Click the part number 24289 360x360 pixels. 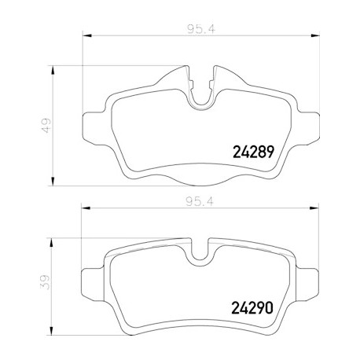coord(253,152)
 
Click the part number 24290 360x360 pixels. coord(252,307)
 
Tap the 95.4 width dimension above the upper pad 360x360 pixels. coord(201,29)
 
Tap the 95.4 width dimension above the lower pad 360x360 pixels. coord(200,201)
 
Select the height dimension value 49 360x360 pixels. coord(47,126)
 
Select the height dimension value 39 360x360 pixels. coord(45,282)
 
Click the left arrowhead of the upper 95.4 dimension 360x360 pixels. coord(87,35)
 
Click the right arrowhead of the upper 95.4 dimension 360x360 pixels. coord(315,35)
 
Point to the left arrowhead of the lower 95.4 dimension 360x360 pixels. coord(86,208)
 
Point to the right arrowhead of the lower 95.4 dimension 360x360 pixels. coord(314,208)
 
